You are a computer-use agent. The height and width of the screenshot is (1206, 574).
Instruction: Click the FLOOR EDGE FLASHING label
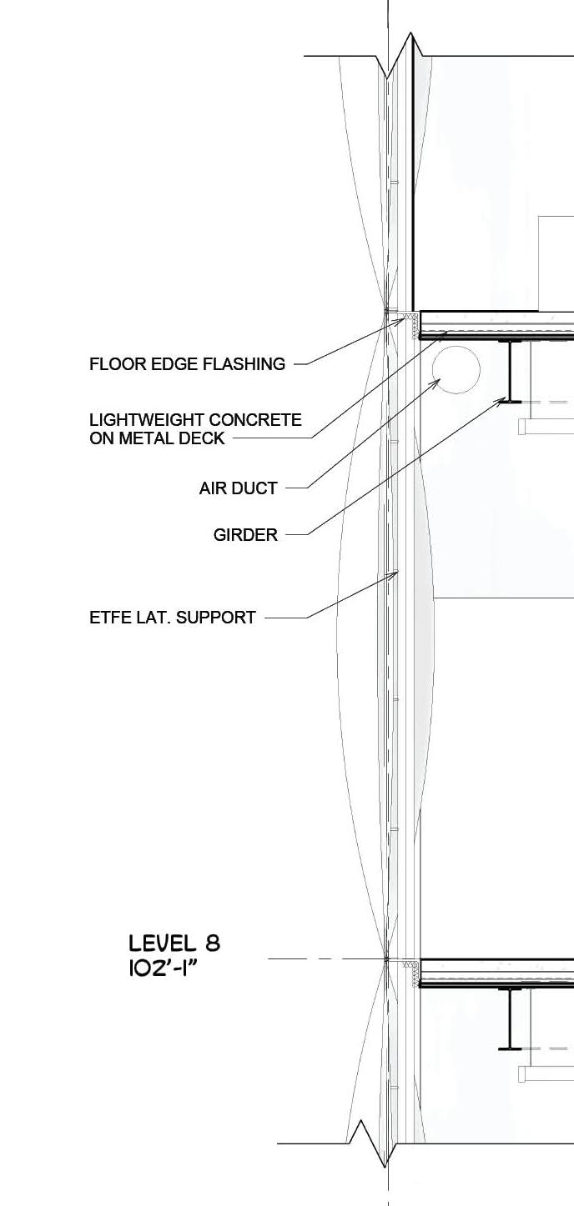tap(187, 364)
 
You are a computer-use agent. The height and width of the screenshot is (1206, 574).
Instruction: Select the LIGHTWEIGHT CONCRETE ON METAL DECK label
tap(195, 429)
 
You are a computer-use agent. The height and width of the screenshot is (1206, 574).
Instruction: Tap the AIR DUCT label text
tap(238, 488)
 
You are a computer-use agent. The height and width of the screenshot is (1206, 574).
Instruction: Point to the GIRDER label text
tap(245, 535)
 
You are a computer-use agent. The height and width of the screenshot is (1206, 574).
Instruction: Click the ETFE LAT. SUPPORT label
tap(172, 618)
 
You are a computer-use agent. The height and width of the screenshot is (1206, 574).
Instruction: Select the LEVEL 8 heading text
tap(174, 943)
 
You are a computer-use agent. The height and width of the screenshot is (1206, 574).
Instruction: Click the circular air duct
tap(456, 371)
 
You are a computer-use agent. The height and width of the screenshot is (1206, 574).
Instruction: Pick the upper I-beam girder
tap(510, 371)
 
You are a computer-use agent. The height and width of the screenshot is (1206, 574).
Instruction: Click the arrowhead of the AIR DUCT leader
tap(438, 381)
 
